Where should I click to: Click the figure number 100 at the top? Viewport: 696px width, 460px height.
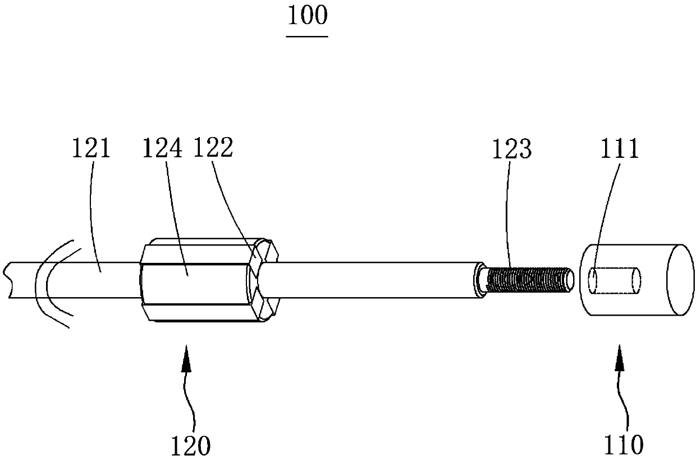(x=307, y=16)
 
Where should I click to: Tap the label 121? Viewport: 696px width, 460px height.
(x=91, y=149)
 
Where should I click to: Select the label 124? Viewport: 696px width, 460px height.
(x=162, y=149)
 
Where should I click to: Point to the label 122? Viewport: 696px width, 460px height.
(x=213, y=147)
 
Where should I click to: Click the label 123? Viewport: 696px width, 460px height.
(x=512, y=149)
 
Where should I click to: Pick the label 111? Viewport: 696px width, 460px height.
(x=620, y=149)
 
